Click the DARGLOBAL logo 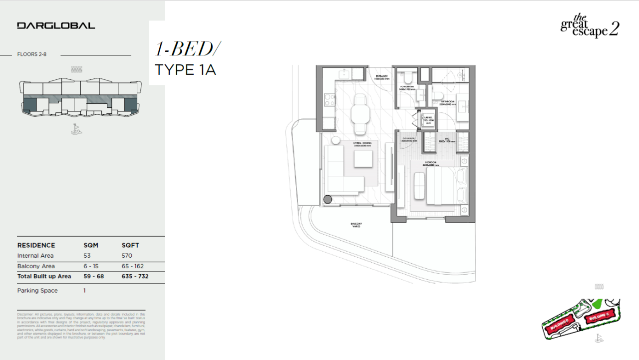point(56,25)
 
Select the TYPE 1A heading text point(185,69)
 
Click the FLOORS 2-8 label point(31,54)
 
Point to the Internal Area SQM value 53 point(86,256)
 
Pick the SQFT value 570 point(127,256)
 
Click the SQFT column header point(130,245)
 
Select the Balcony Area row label point(36,266)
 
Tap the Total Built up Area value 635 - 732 point(135,276)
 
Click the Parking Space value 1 point(85,291)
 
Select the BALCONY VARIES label point(355,225)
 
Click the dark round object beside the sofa point(327,199)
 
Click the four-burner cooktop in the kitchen point(329,99)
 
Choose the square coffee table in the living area point(363,159)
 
